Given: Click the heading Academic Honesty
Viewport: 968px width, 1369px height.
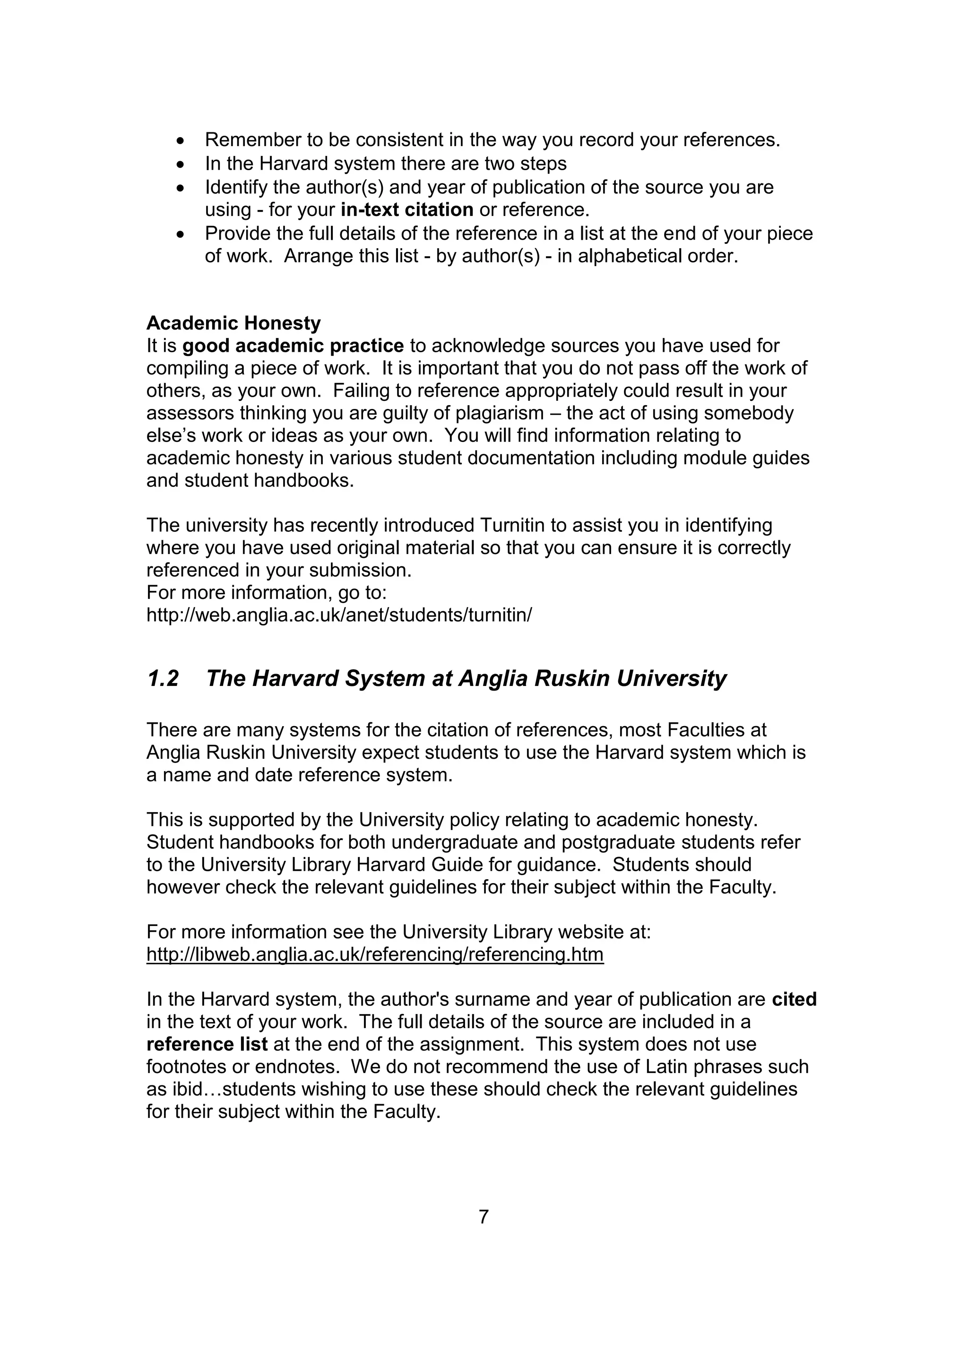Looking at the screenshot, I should (233, 323).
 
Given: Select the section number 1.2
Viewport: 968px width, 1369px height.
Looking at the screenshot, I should (163, 678).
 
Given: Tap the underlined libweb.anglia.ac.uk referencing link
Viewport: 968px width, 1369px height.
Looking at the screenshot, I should (375, 954).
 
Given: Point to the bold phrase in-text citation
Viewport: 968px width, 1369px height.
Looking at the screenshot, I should (406, 210).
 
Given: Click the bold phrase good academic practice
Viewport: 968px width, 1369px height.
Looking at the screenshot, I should (293, 346).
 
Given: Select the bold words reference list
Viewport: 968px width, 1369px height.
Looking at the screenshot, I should (207, 1044).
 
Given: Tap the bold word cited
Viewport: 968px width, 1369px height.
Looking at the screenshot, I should (794, 999).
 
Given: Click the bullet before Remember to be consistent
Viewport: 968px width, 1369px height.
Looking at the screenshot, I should (181, 141).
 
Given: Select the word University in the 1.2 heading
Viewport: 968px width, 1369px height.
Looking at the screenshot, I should (671, 678).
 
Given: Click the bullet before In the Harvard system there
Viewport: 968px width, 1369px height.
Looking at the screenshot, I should (181, 164).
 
